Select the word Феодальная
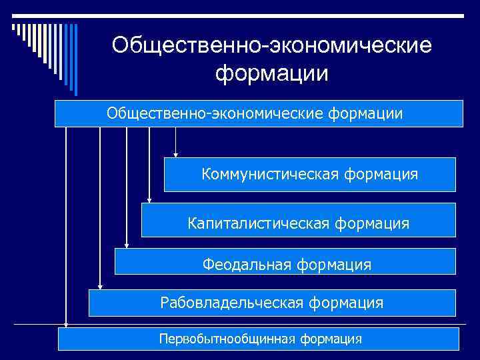click(x=247, y=265)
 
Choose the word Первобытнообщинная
click(x=227, y=339)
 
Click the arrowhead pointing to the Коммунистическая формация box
click(x=175, y=154)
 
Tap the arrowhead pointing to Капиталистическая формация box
click(x=149, y=199)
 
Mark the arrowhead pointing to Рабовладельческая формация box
click(x=100, y=287)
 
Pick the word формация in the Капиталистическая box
click(x=373, y=223)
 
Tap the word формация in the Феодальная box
click(x=334, y=265)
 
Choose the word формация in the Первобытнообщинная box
click(x=331, y=339)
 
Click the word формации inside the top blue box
click(x=365, y=113)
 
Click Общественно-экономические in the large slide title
click(x=272, y=45)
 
